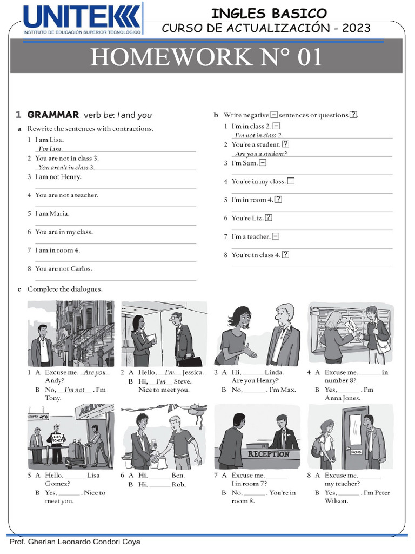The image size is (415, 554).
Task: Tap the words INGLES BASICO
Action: tap(269, 13)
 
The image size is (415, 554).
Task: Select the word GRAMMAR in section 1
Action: tap(53, 115)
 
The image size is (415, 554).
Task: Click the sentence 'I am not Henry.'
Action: tap(58, 177)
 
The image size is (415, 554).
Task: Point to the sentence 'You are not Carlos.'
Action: tap(63, 269)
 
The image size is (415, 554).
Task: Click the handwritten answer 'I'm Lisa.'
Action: tap(50, 149)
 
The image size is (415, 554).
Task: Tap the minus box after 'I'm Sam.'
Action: tap(263, 163)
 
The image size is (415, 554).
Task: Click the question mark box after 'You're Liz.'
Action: tap(269, 218)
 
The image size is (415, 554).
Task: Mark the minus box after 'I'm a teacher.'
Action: tap(276, 236)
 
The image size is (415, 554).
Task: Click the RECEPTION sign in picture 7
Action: tap(269, 454)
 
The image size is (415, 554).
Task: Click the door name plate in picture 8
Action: tap(356, 451)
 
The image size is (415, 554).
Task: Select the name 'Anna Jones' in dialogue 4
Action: tap(342, 398)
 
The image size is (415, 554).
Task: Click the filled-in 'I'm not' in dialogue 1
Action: tap(75, 390)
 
